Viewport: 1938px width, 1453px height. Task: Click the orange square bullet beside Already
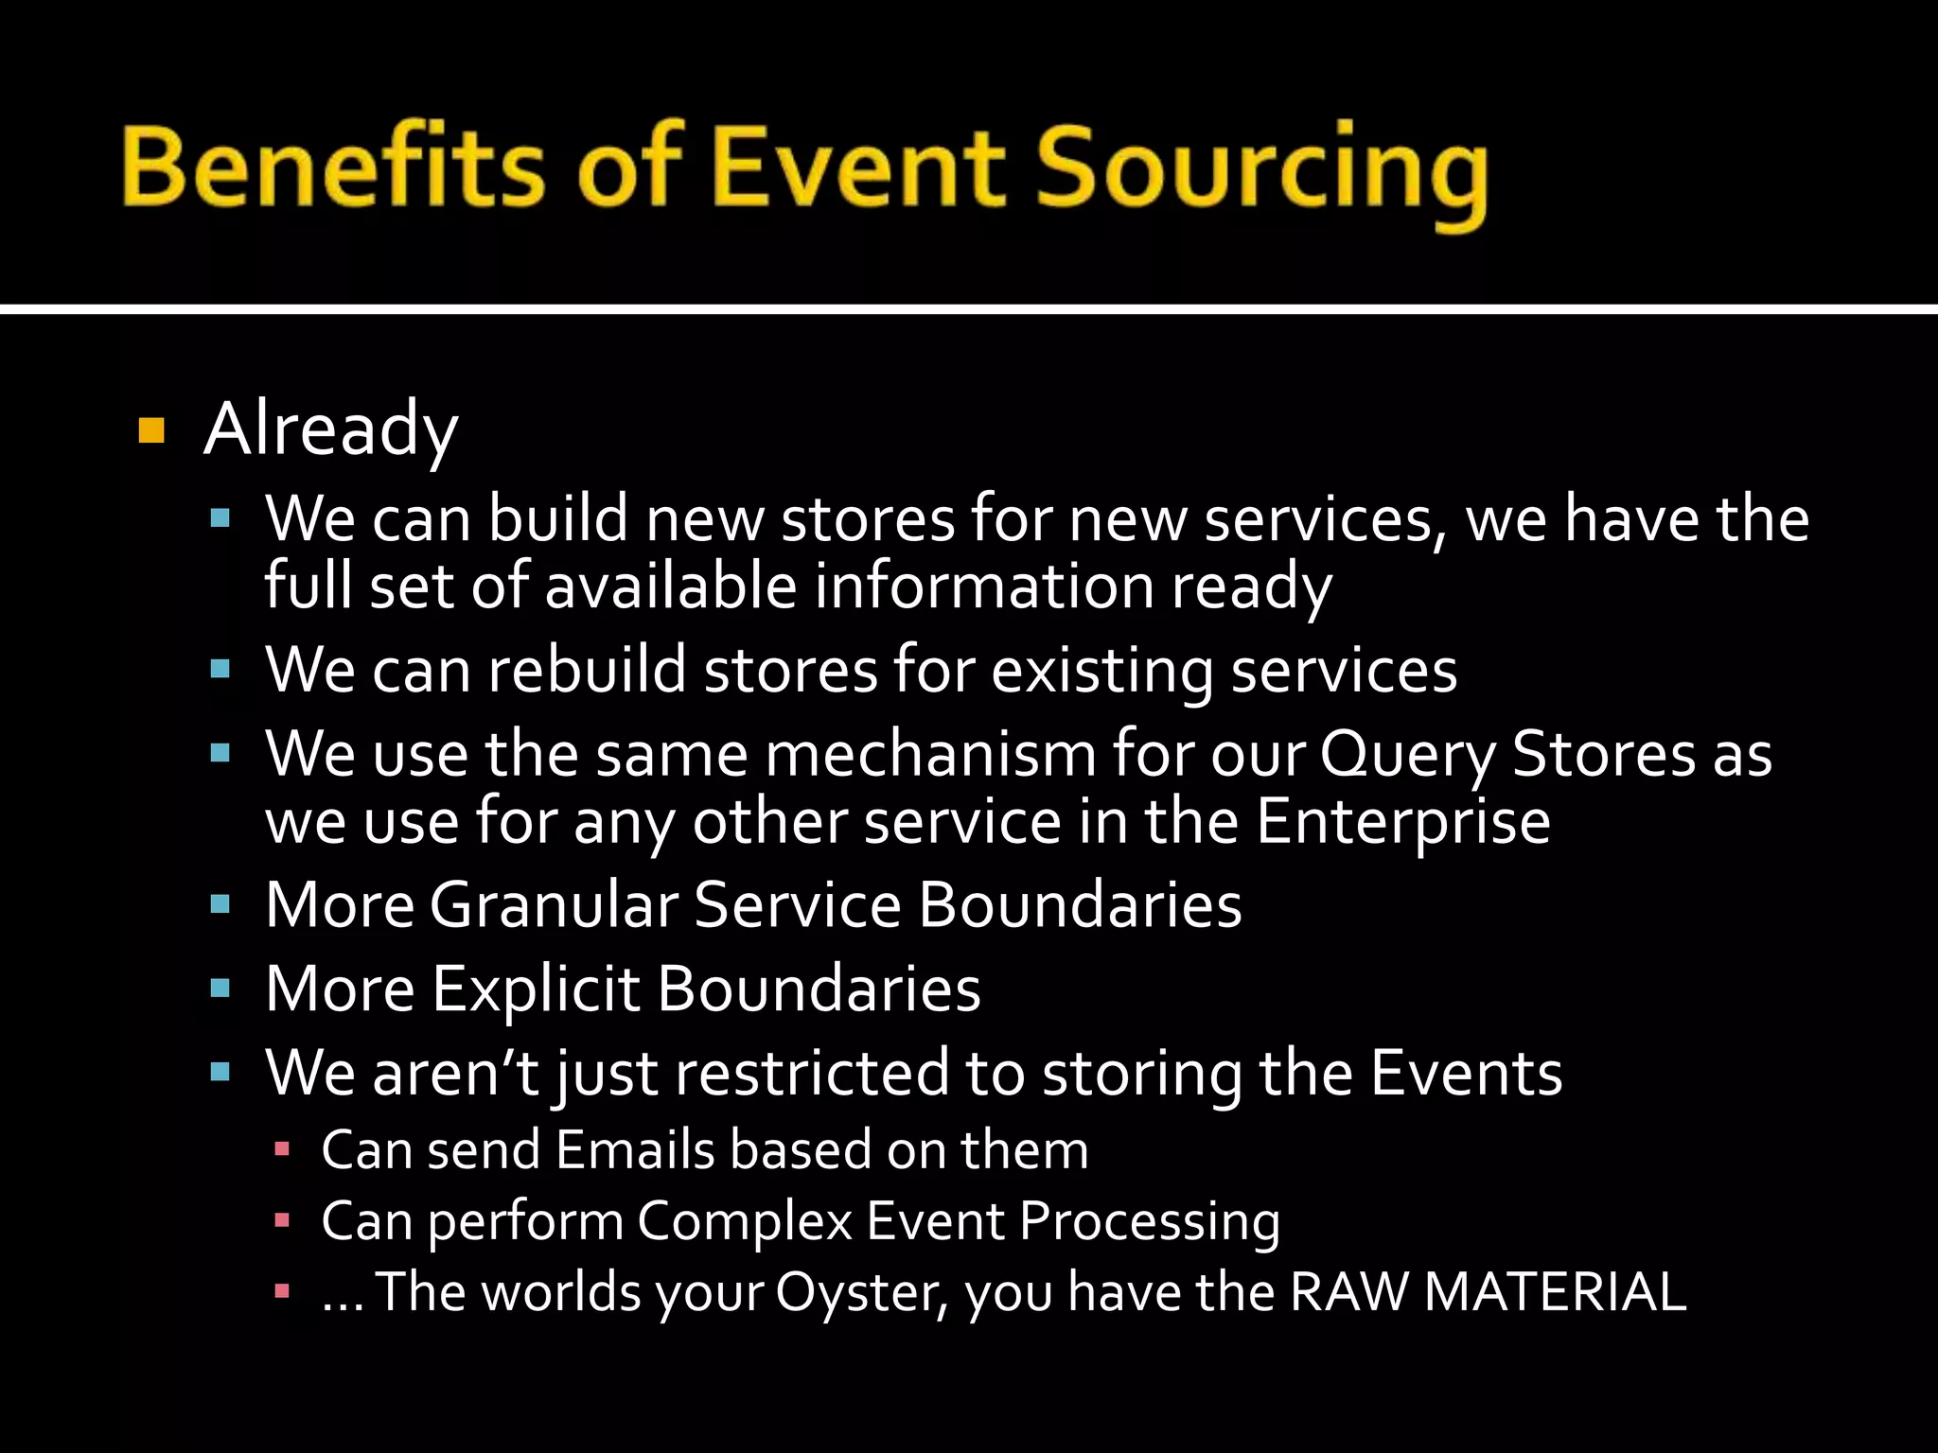click(x=151, y=430)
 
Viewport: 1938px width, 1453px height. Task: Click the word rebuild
click(x=587, y=670)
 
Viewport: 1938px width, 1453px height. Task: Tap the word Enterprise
click(x=1403, y=821)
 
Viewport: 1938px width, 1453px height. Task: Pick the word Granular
click(x=554, y=905)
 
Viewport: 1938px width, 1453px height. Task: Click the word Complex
click(x=744, y=1221)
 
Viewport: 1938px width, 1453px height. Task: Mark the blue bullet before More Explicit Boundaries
click(x=220, y=989)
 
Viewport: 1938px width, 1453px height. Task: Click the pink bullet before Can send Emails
click(x=281, y=1150)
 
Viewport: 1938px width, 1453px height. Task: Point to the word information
click(x=984, y=586)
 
